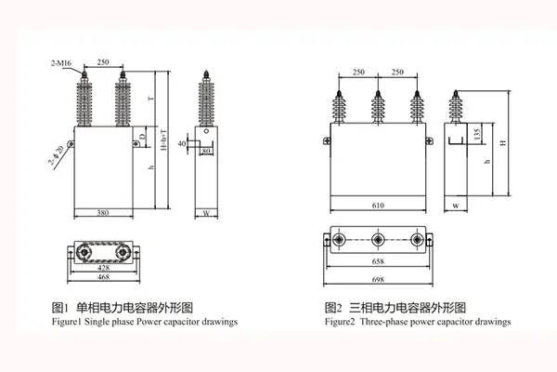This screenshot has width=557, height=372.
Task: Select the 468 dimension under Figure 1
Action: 104,277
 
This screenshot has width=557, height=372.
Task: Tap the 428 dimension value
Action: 104,268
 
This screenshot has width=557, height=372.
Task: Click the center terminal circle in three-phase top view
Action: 378,241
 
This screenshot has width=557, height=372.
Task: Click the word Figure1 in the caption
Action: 66,321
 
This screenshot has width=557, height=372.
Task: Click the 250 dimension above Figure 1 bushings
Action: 103,62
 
